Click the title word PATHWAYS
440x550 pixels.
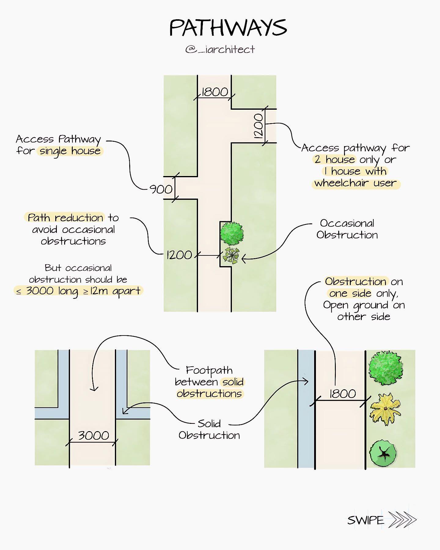[228, 28]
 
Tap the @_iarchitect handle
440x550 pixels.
[220, 49]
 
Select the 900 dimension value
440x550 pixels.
[161, 189]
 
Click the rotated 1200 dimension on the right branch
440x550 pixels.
[258, 126]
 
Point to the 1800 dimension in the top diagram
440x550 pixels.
[215, 92]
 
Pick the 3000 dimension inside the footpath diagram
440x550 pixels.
[94, 435]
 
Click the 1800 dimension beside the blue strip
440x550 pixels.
[343, 394]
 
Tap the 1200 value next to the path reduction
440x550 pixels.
[179, 255]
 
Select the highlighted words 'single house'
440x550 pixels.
[70, 151]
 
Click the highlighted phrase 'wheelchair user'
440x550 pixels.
[356, 183]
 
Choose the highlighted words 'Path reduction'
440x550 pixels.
[65, 218]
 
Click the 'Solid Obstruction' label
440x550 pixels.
[209, 429]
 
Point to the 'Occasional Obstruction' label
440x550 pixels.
[347, 229]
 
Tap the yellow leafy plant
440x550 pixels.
[385, 409]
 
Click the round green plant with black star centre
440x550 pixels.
[383, 453]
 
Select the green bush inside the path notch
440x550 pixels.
[232, 233]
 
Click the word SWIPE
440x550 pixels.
[366, 520]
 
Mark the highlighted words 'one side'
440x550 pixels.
[350, 293]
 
